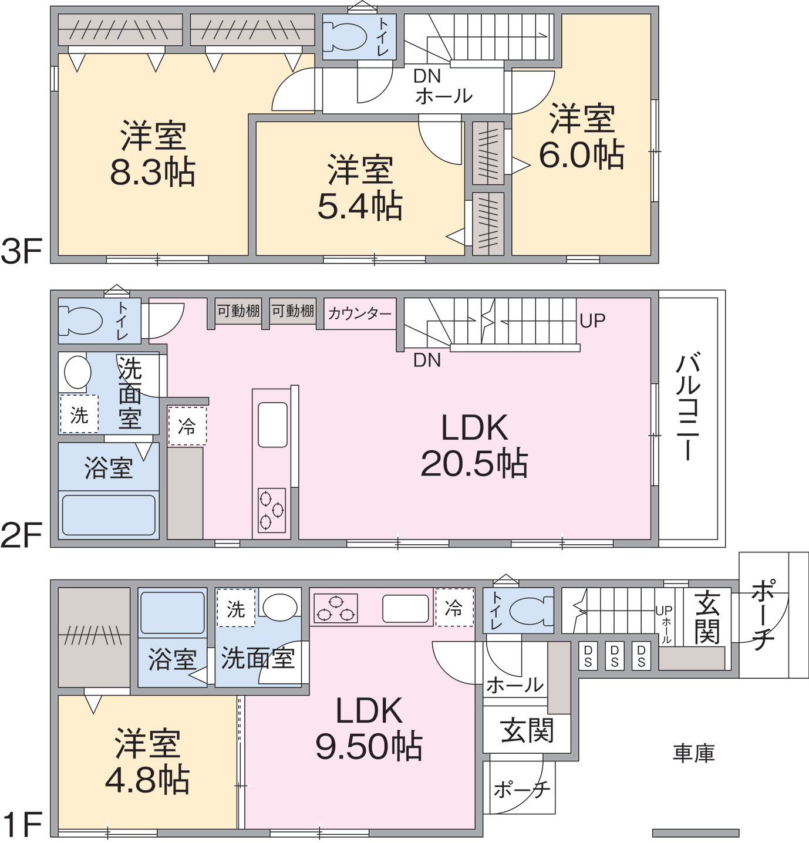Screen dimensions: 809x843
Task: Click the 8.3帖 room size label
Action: pos(153,172)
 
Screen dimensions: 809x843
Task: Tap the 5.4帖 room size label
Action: pos(360,205)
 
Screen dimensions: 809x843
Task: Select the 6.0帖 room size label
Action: pos(582,154)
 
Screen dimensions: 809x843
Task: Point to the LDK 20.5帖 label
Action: pos(474,446)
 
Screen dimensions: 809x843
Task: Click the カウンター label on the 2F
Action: pos(360,313)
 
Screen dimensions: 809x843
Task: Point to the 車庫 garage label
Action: pos(694,753)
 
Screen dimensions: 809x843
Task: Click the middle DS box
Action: pos(615,656)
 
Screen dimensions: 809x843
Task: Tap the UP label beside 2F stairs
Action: pos(592,321)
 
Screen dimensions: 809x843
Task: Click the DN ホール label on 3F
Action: pos(443,86)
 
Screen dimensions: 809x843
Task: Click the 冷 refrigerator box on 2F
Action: pos(187,426)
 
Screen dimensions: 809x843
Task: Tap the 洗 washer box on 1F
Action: pos(236,608)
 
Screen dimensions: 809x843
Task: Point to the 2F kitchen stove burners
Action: pos(272,510)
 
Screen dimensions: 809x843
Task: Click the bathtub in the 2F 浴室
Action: pos(109,515)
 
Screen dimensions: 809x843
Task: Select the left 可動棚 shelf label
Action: pos(238,311)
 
